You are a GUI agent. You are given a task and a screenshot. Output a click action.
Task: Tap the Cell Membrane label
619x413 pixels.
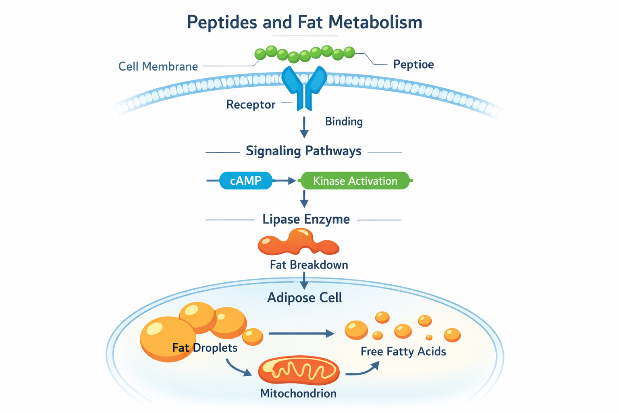158,67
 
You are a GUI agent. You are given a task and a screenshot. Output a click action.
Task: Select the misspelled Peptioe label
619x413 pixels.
413,65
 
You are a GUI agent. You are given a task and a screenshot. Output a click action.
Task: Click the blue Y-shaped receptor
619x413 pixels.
304,87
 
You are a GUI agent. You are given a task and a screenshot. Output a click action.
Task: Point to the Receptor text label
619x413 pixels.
251,105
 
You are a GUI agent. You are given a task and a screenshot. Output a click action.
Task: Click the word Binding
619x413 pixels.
344,122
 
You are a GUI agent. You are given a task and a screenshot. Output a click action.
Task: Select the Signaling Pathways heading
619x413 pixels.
303,151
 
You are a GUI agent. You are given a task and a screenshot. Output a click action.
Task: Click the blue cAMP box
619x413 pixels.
246,181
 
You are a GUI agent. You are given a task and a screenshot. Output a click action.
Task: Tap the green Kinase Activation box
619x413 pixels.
355,181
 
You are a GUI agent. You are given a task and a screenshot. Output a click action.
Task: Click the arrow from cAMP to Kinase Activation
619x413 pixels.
285,181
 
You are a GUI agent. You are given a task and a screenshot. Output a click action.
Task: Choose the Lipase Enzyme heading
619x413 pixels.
306,219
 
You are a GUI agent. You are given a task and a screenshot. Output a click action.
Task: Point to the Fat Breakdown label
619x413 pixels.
309,265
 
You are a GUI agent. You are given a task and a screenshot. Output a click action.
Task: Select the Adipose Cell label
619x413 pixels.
305,298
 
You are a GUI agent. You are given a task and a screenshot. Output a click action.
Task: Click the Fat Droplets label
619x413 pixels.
205,348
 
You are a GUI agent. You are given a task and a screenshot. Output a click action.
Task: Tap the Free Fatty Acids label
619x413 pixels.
403,352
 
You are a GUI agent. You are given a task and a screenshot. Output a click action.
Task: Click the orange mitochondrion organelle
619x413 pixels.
299,370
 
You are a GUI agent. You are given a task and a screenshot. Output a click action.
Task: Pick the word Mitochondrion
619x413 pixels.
298,394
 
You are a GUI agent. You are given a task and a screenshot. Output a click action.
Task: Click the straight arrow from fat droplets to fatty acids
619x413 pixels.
301,334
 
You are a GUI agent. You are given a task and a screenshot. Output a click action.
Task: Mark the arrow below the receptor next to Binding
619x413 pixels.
304,127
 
